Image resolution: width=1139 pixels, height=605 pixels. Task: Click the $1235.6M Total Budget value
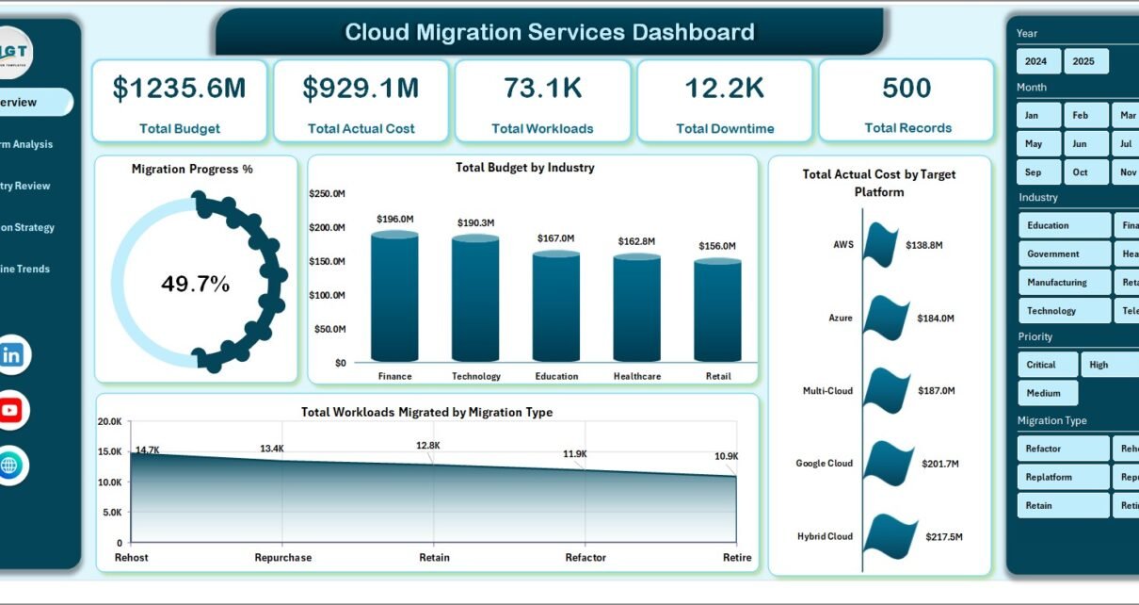pos(179,89)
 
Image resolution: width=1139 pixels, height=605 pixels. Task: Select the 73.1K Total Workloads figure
pos(542,89)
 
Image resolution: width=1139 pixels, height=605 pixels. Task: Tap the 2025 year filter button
pos(1085,61)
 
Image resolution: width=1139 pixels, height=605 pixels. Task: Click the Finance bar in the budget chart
pos(394,297)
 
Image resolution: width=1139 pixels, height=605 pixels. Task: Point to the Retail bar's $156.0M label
pos(718,246)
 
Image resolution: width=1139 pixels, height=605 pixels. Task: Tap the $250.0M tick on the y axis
pos(327,194)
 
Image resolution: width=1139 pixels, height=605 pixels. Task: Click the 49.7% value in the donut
pos(196,285)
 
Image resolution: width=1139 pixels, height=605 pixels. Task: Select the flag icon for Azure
pos(885,319)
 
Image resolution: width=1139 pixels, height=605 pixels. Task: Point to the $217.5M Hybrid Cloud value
pos(944,536)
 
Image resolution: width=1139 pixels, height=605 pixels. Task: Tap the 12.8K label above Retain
pos(428,445)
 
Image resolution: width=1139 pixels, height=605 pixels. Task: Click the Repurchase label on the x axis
pos(283,558)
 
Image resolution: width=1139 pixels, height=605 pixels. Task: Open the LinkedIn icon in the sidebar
pos(11,355)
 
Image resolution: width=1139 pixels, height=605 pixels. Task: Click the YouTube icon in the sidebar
pos(11,410)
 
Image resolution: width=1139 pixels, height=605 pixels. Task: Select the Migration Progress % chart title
pos(192,170)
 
